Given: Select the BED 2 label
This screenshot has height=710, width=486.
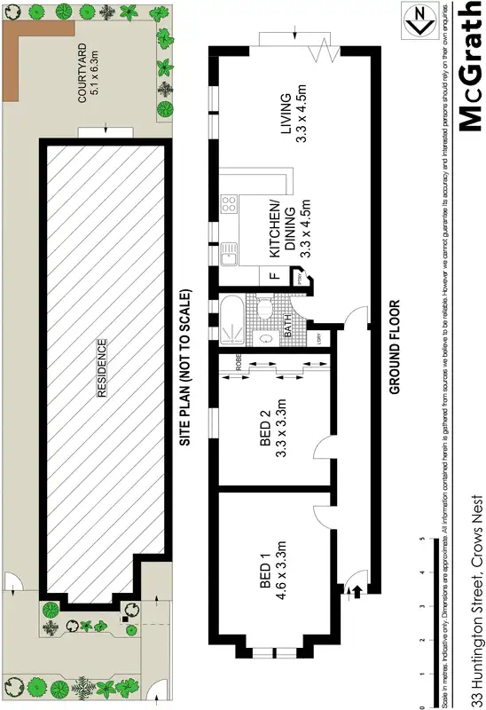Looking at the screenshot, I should coord(272,430).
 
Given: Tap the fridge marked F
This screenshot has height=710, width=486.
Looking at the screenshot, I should coord(275,275).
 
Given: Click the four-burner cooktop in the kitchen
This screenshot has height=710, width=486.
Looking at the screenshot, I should coord(229,206).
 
